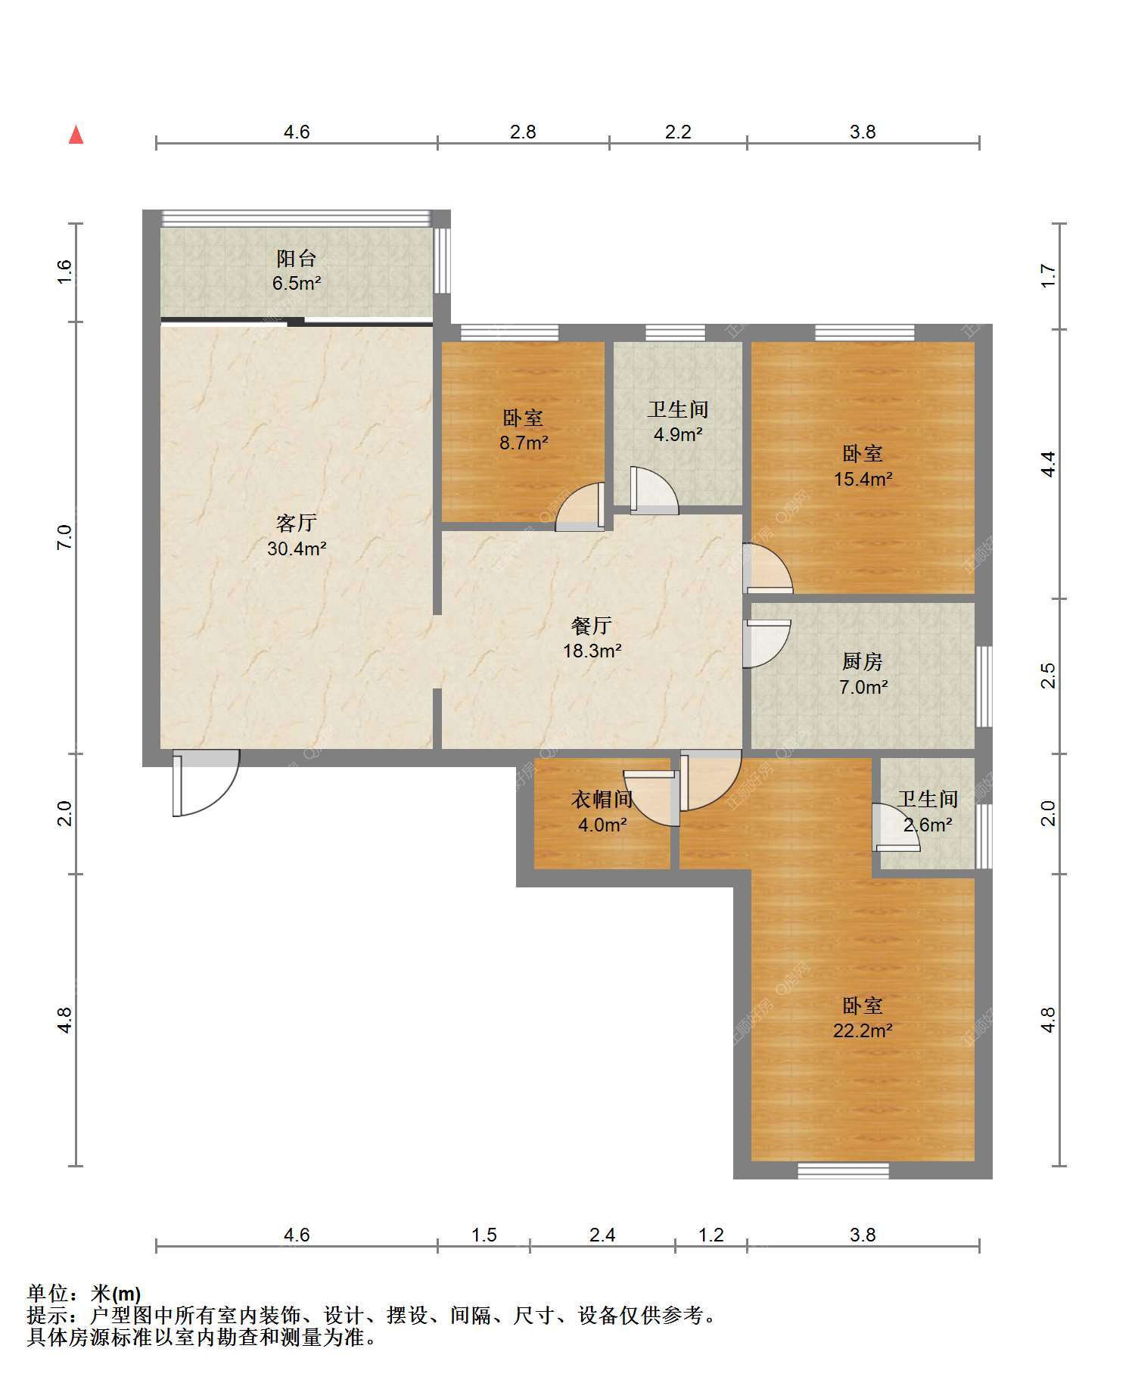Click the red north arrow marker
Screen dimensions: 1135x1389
coord(76,135)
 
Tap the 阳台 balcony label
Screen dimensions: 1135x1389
coord(296,258)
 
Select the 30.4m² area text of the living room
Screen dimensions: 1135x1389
coord(297,548)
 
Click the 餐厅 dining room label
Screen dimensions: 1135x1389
coord(592,626)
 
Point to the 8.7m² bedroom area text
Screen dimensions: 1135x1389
coord(523,443)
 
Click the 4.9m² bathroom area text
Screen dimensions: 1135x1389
coord(678,434)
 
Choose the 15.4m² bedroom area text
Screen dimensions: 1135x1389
coord(863,479)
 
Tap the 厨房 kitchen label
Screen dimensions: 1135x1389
coord(863,661)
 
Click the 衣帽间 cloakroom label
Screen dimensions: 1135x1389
coord(602,799)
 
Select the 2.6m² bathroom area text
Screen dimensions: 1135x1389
coord(928,825)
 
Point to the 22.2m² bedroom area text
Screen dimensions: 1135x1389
coord(863,1030)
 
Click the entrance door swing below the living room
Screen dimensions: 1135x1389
coord(206,783)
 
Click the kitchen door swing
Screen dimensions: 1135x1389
coord(767,644)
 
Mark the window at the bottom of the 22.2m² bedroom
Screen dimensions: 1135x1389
coord(843,1171)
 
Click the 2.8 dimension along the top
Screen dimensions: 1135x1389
coord(523,132)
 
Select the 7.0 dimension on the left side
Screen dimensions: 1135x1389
coord(64,536)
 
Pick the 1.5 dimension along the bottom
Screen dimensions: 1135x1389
coord(484,1235)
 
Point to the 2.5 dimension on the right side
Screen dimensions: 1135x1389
coord(1048,675)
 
